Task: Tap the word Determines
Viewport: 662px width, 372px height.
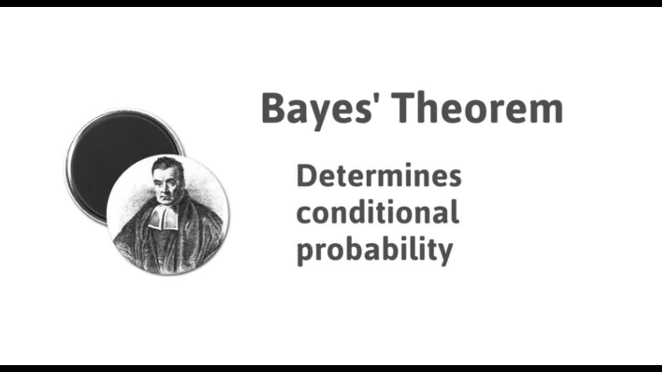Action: point(378,177)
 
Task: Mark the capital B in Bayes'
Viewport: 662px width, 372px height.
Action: point(274,109)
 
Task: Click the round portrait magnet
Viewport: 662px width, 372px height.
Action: point(168,214)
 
